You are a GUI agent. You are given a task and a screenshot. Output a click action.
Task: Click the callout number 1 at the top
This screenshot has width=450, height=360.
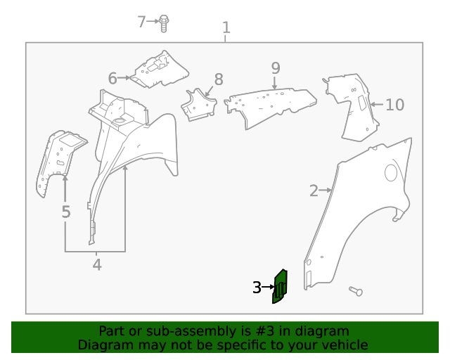click(226, 27)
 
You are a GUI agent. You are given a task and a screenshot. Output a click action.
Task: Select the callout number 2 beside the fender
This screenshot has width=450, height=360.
click(314, 190)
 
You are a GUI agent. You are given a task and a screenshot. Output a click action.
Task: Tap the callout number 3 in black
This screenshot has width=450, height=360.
click(257, 287)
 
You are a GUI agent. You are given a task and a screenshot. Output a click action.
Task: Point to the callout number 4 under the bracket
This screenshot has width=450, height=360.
click(97, 264)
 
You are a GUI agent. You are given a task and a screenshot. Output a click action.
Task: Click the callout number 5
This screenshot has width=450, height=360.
click(65, 212)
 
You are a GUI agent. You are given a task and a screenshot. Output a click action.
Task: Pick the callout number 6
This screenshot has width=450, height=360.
click(112, 77)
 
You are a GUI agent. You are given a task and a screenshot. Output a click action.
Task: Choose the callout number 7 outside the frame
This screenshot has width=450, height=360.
click(141, 22)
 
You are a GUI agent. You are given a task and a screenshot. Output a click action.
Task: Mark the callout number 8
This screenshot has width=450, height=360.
click(219, 79)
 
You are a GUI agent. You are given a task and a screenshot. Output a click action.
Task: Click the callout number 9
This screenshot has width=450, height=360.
click(276, 67)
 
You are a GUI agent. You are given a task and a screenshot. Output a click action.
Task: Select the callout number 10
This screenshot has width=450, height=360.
click(394, 105)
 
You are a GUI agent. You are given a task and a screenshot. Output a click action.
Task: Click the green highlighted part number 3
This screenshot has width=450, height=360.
click(280, 287)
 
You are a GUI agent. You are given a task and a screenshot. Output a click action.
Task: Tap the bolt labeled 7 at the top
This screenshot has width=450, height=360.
click(163, 22)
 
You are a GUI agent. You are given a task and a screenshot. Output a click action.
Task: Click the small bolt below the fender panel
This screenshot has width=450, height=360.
click(354, 290)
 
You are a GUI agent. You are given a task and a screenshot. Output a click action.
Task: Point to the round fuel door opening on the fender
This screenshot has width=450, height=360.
click(391, 173)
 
